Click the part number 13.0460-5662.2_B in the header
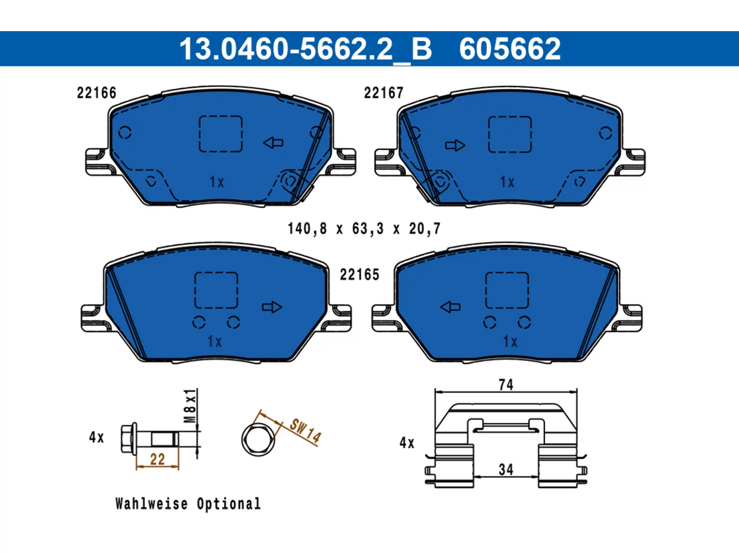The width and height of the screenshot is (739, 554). click(x=305, y=49)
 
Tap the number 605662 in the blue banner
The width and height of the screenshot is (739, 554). click(x=510, y=49)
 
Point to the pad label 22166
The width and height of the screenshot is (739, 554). click(x=96, y=93)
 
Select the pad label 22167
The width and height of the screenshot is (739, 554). click(x=383, y=93)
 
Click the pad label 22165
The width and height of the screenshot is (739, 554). click(x=360, y=275)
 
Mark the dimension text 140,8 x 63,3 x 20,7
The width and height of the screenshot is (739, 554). click(x=364, y=229)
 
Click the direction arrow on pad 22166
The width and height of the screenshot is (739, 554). click(x=273, y=143)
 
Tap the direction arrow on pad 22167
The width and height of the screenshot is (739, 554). click(x=455, y=145)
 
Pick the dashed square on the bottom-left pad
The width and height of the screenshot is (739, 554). click(x=216, y=290)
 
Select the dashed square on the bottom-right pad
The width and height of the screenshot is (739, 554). click(x=507, y=290)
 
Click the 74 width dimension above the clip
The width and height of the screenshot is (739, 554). click(x=506, y=385)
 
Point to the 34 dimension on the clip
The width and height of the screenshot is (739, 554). click(x=506, y=470)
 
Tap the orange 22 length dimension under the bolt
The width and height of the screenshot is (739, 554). click(x=157, y=459)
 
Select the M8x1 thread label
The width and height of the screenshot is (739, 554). click(x=190, y=406)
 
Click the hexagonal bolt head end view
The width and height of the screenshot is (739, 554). click(x=258, y=439)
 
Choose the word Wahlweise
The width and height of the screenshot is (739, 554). click(x=151, y=504)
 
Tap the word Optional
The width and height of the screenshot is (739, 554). click(x=229, y=504)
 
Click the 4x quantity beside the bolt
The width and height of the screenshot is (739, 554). click(x=96, y=437)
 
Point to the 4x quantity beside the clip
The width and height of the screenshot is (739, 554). click(x=406, y=443)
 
